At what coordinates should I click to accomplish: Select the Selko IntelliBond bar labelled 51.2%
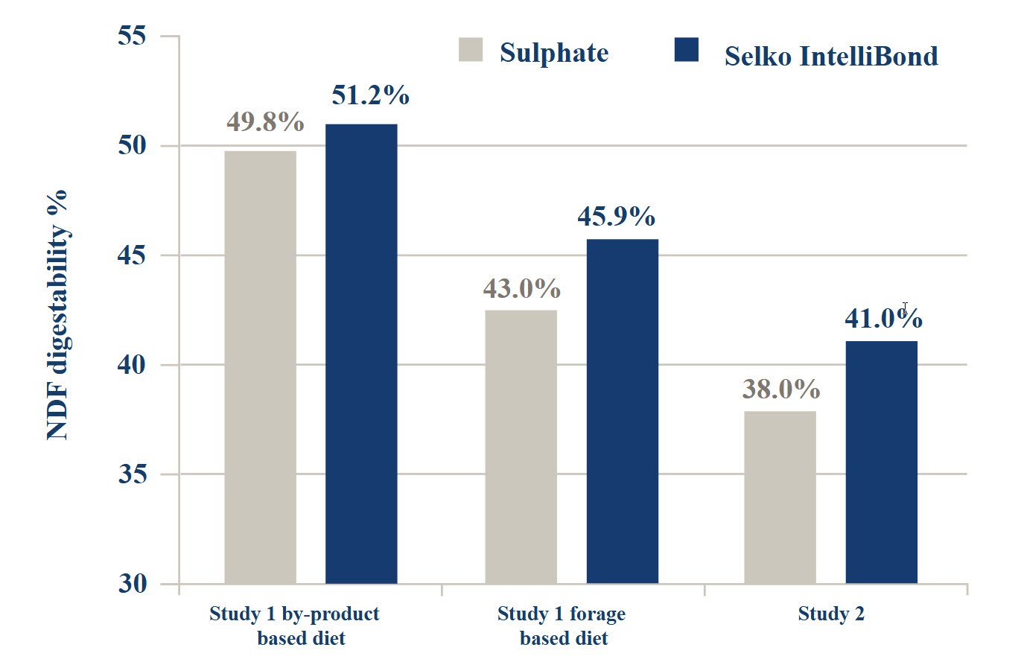(x=361, y=354)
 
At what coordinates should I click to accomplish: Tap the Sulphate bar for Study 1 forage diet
(x=521, y=447)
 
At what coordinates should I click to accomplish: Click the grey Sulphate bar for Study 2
(x=780, y=497)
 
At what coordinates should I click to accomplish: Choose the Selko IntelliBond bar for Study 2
(x=882, y=462)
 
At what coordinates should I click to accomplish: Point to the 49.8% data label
(x=265, y=121)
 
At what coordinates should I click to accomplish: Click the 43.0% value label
(x=521, y=288)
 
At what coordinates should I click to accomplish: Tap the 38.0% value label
(x=781, y=389)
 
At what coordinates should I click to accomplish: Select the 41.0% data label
(x=883, y=319)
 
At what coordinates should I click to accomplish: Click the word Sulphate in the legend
(x=554, y=53)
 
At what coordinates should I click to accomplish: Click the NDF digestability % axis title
(x=57, y=313)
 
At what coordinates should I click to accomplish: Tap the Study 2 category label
(x=831, y=614)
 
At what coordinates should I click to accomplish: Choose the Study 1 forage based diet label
(x=562, y=626)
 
